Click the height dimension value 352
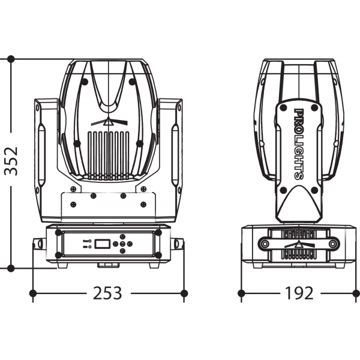coord(11,161)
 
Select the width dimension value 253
coord(107,293)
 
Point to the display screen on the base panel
coord(102,244)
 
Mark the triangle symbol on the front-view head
coord(109,123)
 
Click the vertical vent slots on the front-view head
coord(109,154)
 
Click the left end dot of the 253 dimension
coord(34,293)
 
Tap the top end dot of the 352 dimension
coord(11,59)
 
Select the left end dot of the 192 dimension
coord(241,293)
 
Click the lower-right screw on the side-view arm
coord(314,190)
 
